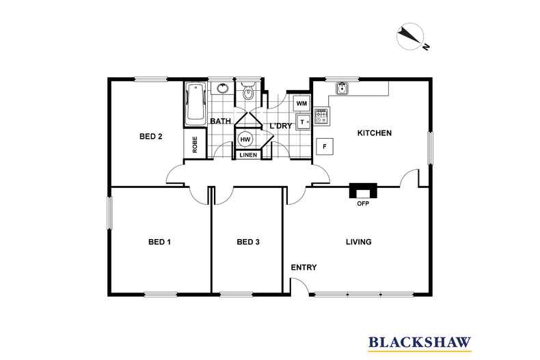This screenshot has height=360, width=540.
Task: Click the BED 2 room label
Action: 151,137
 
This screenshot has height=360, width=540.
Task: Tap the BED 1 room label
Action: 159,242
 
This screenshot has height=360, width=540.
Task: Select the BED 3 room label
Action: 248,242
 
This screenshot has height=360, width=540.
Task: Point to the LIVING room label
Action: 358,242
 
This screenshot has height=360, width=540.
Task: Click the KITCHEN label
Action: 375,133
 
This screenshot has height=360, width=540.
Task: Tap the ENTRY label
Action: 303,267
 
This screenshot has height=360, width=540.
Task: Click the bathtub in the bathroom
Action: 195,104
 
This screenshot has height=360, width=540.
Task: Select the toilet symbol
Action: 248,91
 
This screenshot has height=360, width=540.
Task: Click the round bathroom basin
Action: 223,88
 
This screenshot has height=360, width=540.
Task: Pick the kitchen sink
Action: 342,88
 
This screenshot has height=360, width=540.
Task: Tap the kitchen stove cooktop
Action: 322,116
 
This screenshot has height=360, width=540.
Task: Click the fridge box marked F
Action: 325,147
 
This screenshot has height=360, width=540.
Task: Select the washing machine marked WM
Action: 301,103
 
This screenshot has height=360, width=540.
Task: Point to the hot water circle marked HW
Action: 245,139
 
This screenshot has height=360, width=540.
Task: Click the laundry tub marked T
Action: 303,122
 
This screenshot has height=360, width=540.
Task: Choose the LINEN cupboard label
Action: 248,155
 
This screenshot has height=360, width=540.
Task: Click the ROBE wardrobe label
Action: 195,145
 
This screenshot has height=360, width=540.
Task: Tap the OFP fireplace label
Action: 363,204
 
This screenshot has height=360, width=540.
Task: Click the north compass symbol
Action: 411,36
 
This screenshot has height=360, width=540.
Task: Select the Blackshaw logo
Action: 420,343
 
